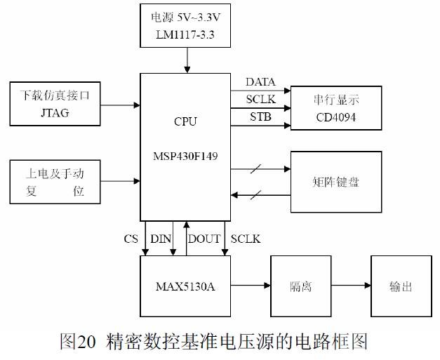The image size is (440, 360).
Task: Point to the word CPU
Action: click(185, 121)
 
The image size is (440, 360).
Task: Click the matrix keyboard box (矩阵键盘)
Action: click(336, 182)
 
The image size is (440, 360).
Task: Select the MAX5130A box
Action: click(185, 286)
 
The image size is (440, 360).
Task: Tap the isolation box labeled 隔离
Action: click(301, 286)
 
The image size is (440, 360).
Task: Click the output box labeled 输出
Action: click(401, 286)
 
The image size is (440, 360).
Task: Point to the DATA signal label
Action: click(260, 83)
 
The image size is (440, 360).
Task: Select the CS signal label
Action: click(131, 239)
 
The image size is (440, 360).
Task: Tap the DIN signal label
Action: click(160, 239)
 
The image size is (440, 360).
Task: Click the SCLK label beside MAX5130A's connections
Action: click(246, 239)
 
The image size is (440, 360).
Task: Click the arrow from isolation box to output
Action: click(351, 286)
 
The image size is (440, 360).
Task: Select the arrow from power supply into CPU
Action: click(187, 62)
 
